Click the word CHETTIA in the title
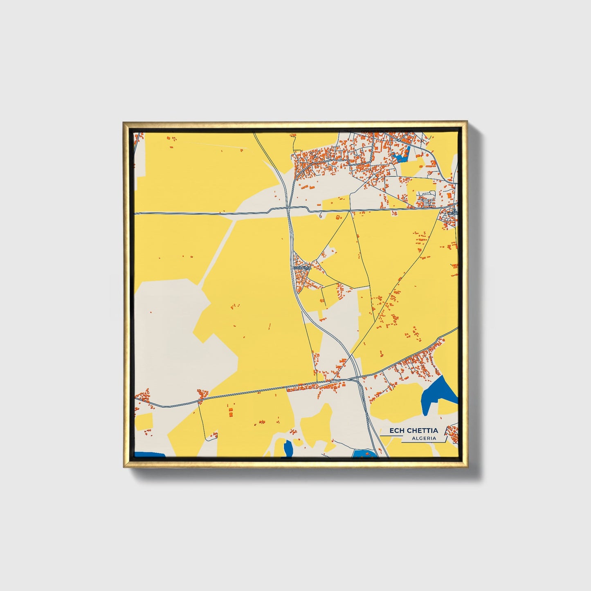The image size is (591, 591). point(422,430)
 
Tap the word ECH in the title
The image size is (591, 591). point(396,430)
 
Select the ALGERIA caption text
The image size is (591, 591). point(424,438)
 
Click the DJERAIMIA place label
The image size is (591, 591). point(302,267)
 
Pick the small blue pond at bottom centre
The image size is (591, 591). point(288,449)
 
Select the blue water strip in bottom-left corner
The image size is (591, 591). point(149,454)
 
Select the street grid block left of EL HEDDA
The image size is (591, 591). point(426,199)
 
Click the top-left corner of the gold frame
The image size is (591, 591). point(124,122)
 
